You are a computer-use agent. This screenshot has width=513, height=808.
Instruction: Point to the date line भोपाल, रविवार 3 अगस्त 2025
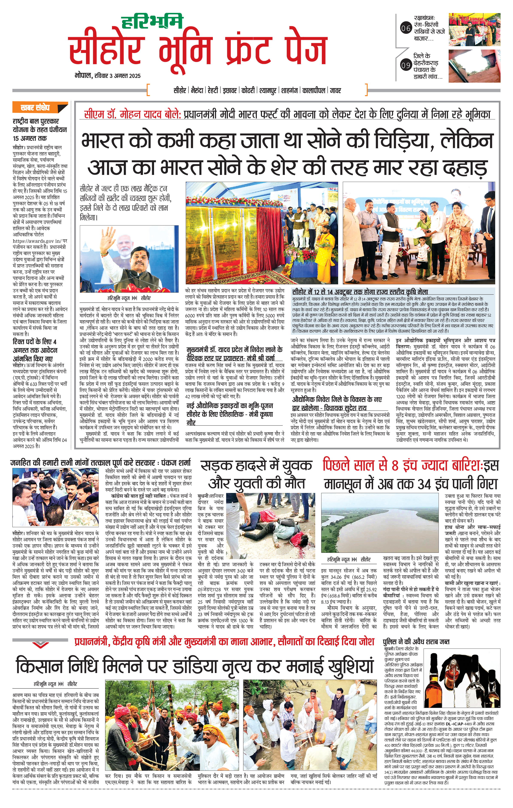[x=107, y=76]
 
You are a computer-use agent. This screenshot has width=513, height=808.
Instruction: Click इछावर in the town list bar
[x=230, y=90]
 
